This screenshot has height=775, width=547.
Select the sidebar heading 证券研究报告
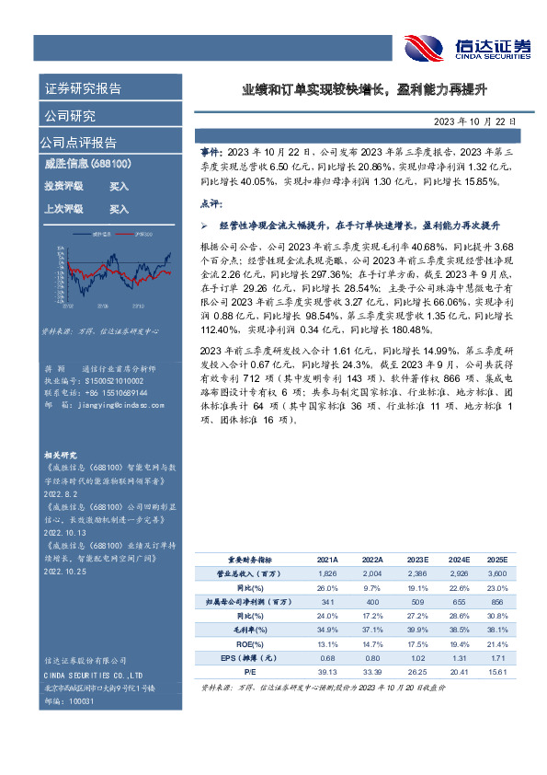83,88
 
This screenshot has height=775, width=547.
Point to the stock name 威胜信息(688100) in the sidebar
87,164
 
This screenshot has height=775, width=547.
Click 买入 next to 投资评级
119,186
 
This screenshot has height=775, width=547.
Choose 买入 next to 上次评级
119,209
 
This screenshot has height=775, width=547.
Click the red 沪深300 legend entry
142,236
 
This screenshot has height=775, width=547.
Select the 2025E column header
497,559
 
